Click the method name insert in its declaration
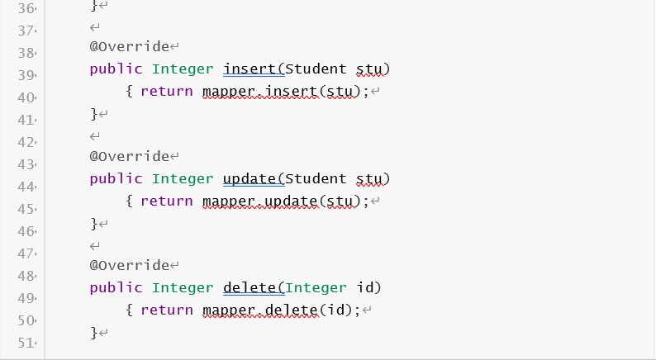click(x=250, y=69)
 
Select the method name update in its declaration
click(x=250, y=178)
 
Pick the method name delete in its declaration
click(x=250, y=288)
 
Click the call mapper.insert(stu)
click(x=282, y=91)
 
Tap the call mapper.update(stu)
click(x=282, y=201)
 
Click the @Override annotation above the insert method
click(x=129, y=46)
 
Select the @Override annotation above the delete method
click(x=129, y=266)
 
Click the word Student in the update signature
click(x=316, y=178)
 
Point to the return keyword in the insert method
click(x=167, y=91)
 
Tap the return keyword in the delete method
click(x=167, y=310)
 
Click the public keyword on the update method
click(x=116, y=178)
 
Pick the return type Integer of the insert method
click(x=183, y=69)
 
